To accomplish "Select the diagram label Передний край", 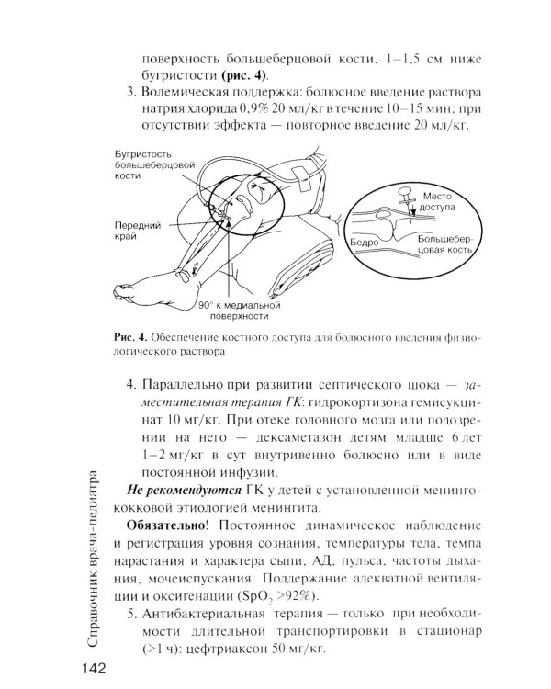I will [x=138, y=229].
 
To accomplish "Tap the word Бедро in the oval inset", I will [x=365, y=243].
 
